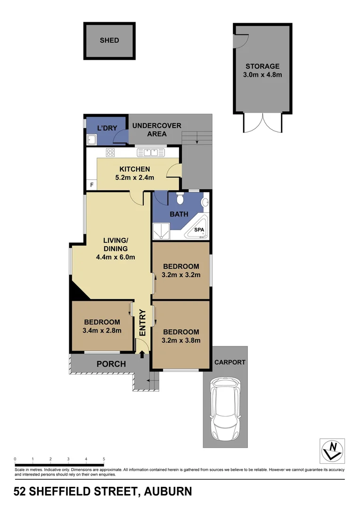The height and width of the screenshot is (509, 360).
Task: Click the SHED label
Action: [x=109, y=41]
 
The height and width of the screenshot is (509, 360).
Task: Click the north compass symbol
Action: [x=332, y=450]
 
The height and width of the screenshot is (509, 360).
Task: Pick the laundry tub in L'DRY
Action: [x=91, y=140]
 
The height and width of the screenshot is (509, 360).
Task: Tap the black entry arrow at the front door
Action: [x=142, y=348]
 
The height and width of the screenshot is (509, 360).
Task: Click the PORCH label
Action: [x=111, y=364]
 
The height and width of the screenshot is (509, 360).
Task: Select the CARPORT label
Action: [x=230, y=362]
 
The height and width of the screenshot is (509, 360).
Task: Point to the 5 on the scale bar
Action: [x=104, y=459]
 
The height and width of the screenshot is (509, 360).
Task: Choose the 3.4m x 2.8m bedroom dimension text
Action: [x=102, y=330]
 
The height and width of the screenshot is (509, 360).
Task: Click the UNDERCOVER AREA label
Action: [x=156, y=130]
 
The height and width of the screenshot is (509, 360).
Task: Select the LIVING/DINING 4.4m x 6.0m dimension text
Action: [x=116, y=257]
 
